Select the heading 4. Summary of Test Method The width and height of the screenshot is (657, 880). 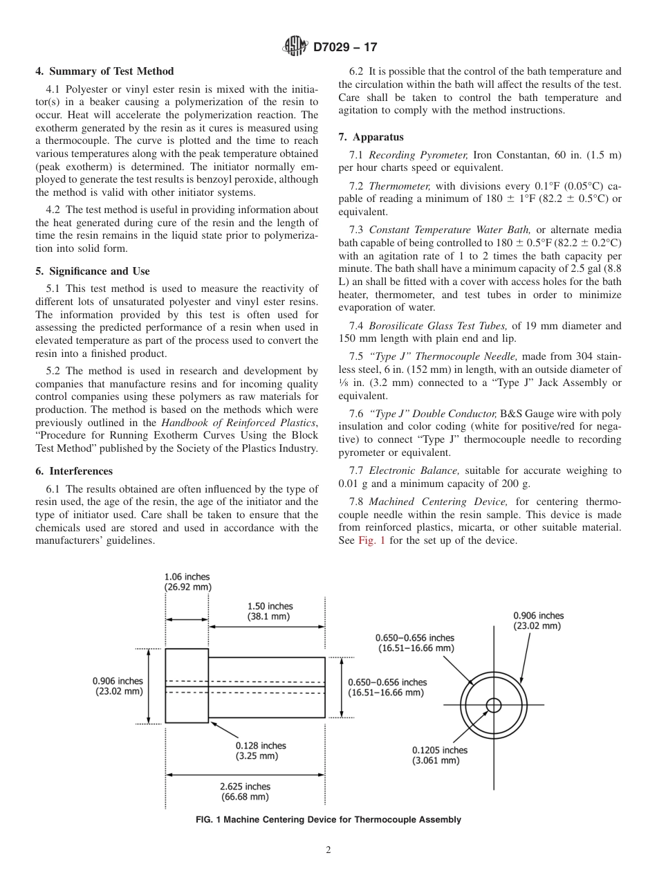point(104,71)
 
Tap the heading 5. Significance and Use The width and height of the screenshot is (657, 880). point(93,271)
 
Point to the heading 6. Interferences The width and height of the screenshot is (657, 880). point(74,471)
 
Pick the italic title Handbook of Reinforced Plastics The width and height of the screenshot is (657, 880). point(239,422)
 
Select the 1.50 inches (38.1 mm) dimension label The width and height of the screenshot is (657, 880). point(269,611)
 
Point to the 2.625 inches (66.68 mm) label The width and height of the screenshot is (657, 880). point(245,791)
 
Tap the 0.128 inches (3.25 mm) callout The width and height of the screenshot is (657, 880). point(260,751)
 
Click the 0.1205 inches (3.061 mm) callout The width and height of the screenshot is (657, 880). point(439,755)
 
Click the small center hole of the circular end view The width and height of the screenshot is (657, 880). point(493,705)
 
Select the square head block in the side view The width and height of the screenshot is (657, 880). point(187,686)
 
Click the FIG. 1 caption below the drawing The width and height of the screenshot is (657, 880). point(328,820)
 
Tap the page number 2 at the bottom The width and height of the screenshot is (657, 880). point(328,850)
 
